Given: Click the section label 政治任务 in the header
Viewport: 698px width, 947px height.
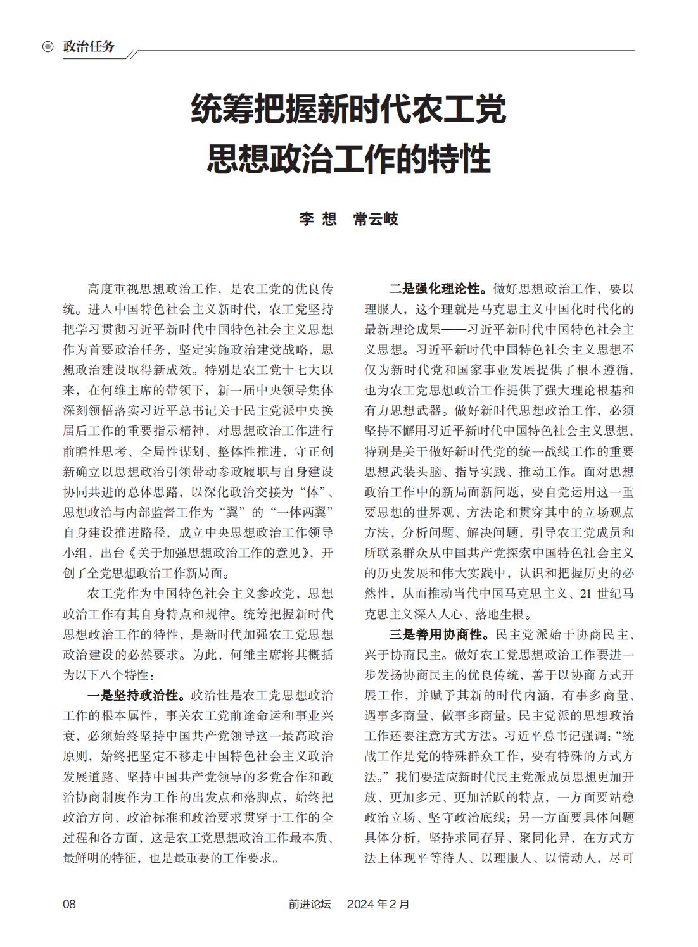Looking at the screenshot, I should click(x=89, y=47).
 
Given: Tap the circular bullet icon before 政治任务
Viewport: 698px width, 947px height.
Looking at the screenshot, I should click(x=48, y=47).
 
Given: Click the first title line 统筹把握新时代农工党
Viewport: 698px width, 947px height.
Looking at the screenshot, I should click(x=348, y=109).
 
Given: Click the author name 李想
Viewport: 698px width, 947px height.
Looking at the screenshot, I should click(x=317, y=220).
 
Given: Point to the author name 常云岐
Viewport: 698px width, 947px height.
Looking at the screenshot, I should click(x=376, y=220).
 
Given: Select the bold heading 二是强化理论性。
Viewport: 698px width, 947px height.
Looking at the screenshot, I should click(x=438, y=289).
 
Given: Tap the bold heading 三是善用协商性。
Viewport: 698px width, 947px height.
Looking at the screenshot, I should click(x=438, y=635).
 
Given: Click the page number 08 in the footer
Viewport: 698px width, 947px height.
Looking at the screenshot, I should click(x=69, y=904).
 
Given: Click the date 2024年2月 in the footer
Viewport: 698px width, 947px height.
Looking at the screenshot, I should click(x=378, y=904).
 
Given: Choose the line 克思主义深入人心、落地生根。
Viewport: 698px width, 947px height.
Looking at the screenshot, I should click(x=448, y=614).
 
